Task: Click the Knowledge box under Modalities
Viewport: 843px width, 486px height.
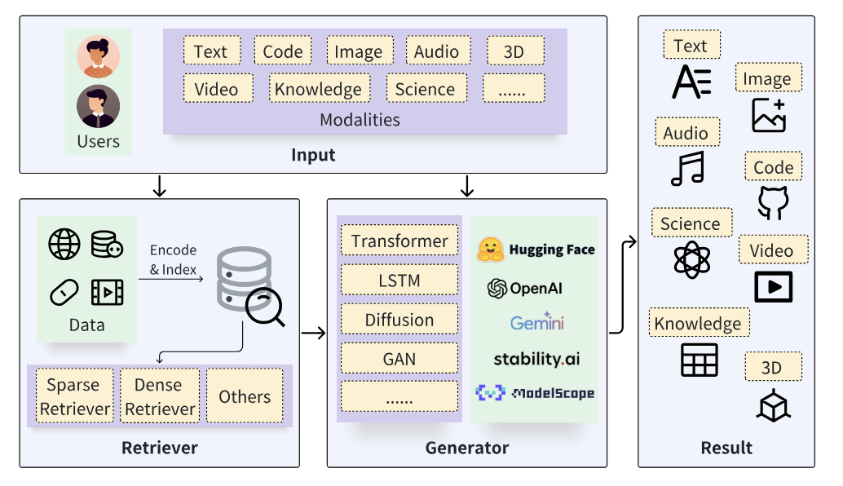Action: [320, 88]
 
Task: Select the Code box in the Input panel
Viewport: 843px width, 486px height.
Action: [283, 51]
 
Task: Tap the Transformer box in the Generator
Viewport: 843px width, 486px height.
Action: [399, 241]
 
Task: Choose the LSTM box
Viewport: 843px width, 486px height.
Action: [399, 280]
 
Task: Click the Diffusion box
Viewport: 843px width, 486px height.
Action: [399, 320]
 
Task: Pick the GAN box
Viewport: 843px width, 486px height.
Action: [399, 358]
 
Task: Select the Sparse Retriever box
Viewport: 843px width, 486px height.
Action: [75, 395]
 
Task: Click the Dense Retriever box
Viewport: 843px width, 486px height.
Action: [160, 395]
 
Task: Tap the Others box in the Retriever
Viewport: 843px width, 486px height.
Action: [245, 395]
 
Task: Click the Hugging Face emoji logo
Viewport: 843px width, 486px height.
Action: [490, 250]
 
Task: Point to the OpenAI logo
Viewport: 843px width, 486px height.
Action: [497, 289]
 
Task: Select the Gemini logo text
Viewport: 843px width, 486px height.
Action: [537, 321]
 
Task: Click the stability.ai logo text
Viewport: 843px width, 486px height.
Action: [536, 359]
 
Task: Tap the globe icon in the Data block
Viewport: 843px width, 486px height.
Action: [64, 244]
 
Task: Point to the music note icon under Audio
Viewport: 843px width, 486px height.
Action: [687, 168]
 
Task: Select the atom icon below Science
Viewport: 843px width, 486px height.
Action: [692, 259]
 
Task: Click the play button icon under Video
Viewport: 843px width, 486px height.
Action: [774, 286]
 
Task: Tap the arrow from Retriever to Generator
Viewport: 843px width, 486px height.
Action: [313, 333]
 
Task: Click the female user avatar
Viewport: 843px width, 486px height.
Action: [99, 56]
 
